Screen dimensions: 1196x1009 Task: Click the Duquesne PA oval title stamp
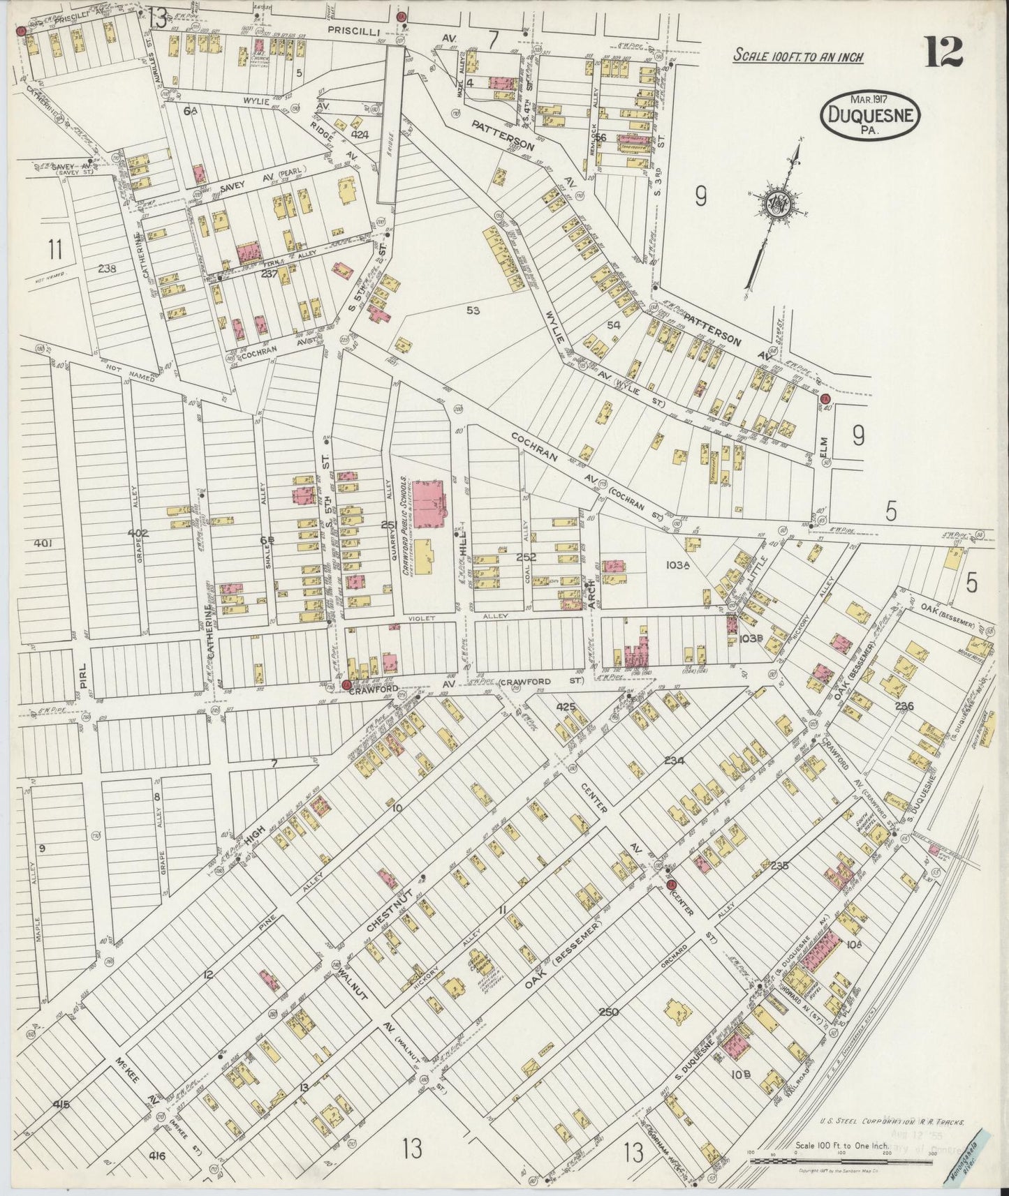[x=869, y=114]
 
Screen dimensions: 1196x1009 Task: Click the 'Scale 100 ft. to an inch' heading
[x=797, y=56]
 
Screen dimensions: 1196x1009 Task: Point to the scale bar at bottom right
[x=841, y=1160]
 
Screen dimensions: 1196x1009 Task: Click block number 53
[x=473, y=311]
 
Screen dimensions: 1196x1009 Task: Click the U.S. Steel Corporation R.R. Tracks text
[x=892, y=1123]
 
